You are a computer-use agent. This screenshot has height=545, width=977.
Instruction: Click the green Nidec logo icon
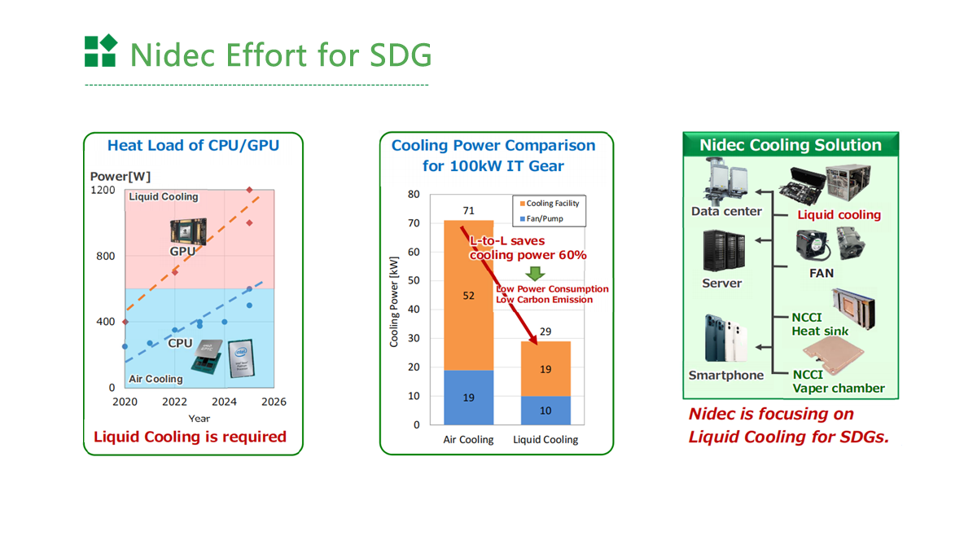click(101, 51)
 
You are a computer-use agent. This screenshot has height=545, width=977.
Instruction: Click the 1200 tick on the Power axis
click(103, 191)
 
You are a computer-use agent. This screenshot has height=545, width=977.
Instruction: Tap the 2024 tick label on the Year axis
click(224, 402)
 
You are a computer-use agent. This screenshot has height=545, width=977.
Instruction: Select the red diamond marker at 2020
click(125, 322)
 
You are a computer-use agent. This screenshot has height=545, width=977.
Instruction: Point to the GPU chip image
click(188, 231)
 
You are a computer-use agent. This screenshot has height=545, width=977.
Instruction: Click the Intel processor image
click(242, 358)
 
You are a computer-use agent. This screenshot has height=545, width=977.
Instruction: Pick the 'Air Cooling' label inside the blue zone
click(156, 379)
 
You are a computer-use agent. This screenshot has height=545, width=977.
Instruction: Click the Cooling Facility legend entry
click(549, 204)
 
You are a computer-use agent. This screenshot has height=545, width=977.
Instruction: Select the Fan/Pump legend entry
click(541, 218)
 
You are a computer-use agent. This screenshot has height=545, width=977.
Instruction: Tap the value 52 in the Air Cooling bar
click(468, 296)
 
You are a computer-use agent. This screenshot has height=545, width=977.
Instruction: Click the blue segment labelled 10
click(545, 410)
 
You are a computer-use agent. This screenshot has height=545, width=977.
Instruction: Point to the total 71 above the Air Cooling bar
click(468, 211)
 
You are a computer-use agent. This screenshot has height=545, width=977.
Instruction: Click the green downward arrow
click(535, 274)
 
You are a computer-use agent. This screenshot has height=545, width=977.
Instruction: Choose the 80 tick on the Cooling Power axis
click(414, 195)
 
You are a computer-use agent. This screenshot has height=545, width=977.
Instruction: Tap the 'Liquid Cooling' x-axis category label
click(545, 439)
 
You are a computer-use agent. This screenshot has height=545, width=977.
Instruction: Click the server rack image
click(724, 251)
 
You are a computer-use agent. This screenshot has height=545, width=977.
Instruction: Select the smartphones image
click(725, 338)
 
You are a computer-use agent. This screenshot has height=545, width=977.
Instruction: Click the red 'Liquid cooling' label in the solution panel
click(839, 215)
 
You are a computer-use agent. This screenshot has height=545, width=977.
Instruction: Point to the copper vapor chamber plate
click(834, 354)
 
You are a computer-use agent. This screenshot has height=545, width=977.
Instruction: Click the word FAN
click(821, 273)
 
